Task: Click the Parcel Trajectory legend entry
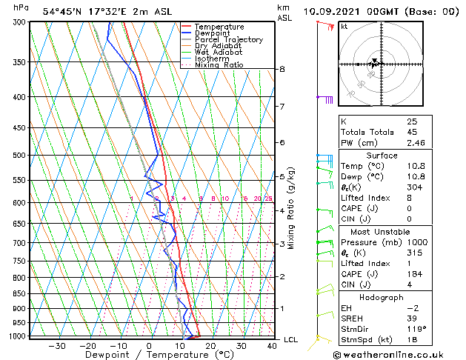(228, 39)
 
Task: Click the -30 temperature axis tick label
(57, 346)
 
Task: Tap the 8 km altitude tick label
(282, 69)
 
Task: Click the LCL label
(291, 340)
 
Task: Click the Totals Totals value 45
(411, 133)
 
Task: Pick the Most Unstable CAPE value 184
(413, 275)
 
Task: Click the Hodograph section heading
(382, 297)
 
